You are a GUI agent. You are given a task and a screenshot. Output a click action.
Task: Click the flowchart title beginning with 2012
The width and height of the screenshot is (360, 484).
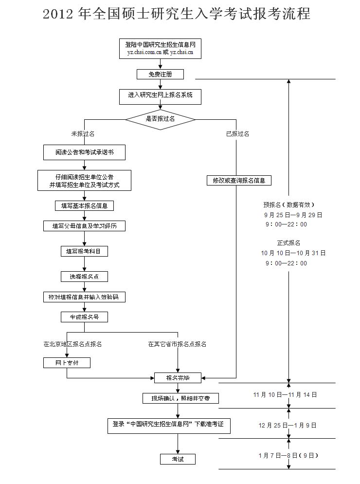[x=177, y=14]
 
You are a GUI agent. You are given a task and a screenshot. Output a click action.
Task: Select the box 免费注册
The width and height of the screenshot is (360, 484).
[x=160, y=74]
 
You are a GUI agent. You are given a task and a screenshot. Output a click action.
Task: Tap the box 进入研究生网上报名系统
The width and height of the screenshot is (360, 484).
[x=160, y=95]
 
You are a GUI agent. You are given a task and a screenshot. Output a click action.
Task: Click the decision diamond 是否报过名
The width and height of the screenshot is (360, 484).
[x=160, y=119]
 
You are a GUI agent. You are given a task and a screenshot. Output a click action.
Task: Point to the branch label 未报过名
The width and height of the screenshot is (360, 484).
[x=83, y=134]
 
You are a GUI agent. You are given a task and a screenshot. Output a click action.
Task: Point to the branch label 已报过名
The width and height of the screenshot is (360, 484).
[x=237, y=134]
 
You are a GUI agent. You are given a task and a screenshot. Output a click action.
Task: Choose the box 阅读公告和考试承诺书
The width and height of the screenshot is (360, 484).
[x=85, y=152]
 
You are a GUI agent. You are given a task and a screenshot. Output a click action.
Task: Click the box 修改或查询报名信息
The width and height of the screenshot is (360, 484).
[x=239, y=181]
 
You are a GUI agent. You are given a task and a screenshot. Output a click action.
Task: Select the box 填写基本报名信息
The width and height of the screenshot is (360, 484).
[x=85, y=206]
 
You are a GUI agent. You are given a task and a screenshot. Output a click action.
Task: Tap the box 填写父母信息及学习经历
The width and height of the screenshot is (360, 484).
[x=85, y=226]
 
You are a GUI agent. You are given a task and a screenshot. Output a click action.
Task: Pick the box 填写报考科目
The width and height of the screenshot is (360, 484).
[x=85, y=252]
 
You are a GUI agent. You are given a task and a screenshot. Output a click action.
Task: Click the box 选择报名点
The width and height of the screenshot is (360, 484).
[x=85, y=277]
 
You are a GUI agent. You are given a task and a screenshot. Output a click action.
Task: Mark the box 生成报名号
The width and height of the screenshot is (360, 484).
[x=85, y=317]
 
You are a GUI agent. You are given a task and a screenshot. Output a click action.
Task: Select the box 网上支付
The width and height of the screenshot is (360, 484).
[x=67, y=363]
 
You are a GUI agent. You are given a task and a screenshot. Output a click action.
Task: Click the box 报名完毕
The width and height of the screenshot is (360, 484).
[x=178, y=377]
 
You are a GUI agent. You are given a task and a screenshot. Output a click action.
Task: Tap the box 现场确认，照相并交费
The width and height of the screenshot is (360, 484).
[x=180, y=398]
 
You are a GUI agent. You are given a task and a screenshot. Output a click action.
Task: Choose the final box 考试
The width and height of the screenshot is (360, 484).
[x=178, y=459]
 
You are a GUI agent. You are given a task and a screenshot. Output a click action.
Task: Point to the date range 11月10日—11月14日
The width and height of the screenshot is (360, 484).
[x=285, y=394]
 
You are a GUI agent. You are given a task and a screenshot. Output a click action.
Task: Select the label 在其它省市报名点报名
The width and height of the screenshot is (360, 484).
[x=177, y=344]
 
